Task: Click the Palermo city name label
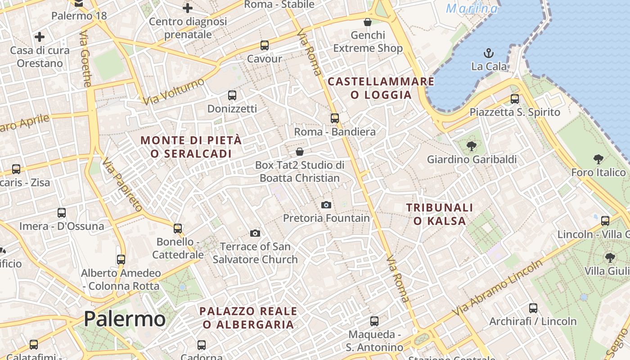coord(125,319)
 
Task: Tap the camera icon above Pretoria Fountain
coord(326,205)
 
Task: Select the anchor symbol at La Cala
coord(489,54)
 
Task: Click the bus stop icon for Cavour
coord(265,45)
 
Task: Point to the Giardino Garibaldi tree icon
coord(471,146)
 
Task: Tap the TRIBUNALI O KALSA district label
coord(440,214)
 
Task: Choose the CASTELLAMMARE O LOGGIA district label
coord(381,88)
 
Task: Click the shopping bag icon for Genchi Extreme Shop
coord(368,22)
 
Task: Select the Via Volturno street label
coord(174,91)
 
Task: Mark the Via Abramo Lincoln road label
coord(498,288)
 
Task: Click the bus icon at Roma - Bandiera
coord(334,118)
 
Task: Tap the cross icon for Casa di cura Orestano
coord(40,37)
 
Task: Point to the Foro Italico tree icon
coord(598,159)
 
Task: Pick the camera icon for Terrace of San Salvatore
coord(255,233)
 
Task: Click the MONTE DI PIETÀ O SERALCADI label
coord(191,147)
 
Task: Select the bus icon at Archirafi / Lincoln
coord(533,308)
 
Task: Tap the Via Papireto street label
coord(122,185)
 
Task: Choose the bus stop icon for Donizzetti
coord(232,95)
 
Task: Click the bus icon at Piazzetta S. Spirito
coord(515,99)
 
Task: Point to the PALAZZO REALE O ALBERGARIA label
coord(248,318)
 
